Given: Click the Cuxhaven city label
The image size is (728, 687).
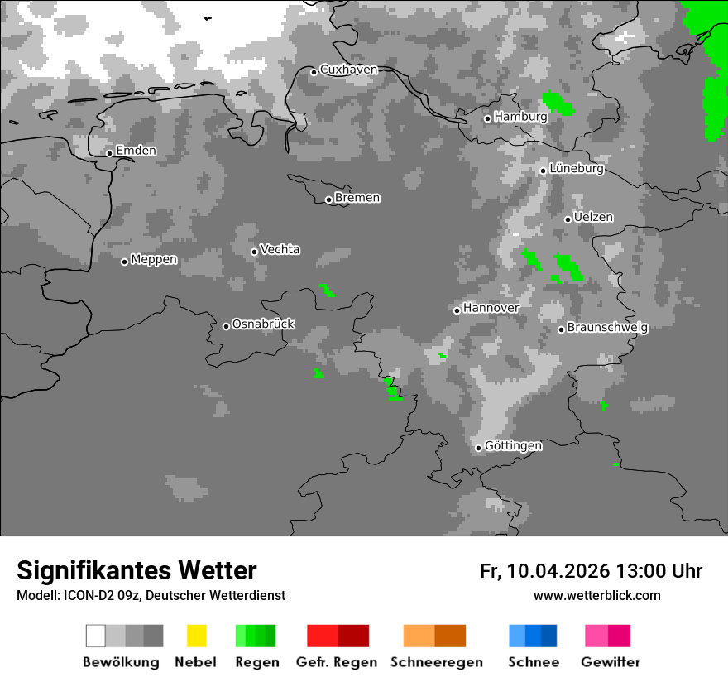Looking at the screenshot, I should pyautogui.click(x=348, y=70).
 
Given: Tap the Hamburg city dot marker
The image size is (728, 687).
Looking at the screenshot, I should pyautogui.click(x=487, y=118).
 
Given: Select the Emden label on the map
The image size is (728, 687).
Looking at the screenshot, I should pyautogui.click(x=136, y=151).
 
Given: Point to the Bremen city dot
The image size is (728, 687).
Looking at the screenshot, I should pyautogui.click(x=328, y=199).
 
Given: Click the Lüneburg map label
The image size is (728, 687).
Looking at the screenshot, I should pyautogui.click(x=577, y=169).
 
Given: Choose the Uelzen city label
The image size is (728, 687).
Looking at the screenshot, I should pyautogui.click(x=593, y=218).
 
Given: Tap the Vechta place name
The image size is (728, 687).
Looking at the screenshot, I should pyautogui.click(x=280, y=249).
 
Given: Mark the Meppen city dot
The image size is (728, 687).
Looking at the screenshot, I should pyautogui.click(x=124, y=262).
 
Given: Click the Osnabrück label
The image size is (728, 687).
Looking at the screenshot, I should pyautogui.click(x=263, y=324).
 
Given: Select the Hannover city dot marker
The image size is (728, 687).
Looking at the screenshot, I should pyautogui.click(x=457, y=310).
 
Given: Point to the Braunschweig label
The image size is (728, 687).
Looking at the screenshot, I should pyautogui.click(x=607, y=327).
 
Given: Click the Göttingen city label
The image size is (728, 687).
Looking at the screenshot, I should pyautogui.click(x=513, y=446).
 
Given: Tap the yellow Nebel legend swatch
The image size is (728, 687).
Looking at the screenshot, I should pyautogui.click(x=196, y=636).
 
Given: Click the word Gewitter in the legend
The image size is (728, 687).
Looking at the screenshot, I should pyautogui.click(x=610, y=662).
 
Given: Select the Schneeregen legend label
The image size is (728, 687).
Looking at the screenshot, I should pyautogui.click(x=436, y=662).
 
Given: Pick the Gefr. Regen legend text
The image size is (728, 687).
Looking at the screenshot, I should pyautogui.click(x=337, y=662).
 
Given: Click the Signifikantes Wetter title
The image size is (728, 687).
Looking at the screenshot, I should pyautogui.click(x=136, y=570).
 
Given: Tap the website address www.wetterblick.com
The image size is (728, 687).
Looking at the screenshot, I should pyautogui.click(x=596, y=596).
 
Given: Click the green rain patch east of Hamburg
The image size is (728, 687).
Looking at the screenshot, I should pyautogui.click(x=559, y=103).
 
